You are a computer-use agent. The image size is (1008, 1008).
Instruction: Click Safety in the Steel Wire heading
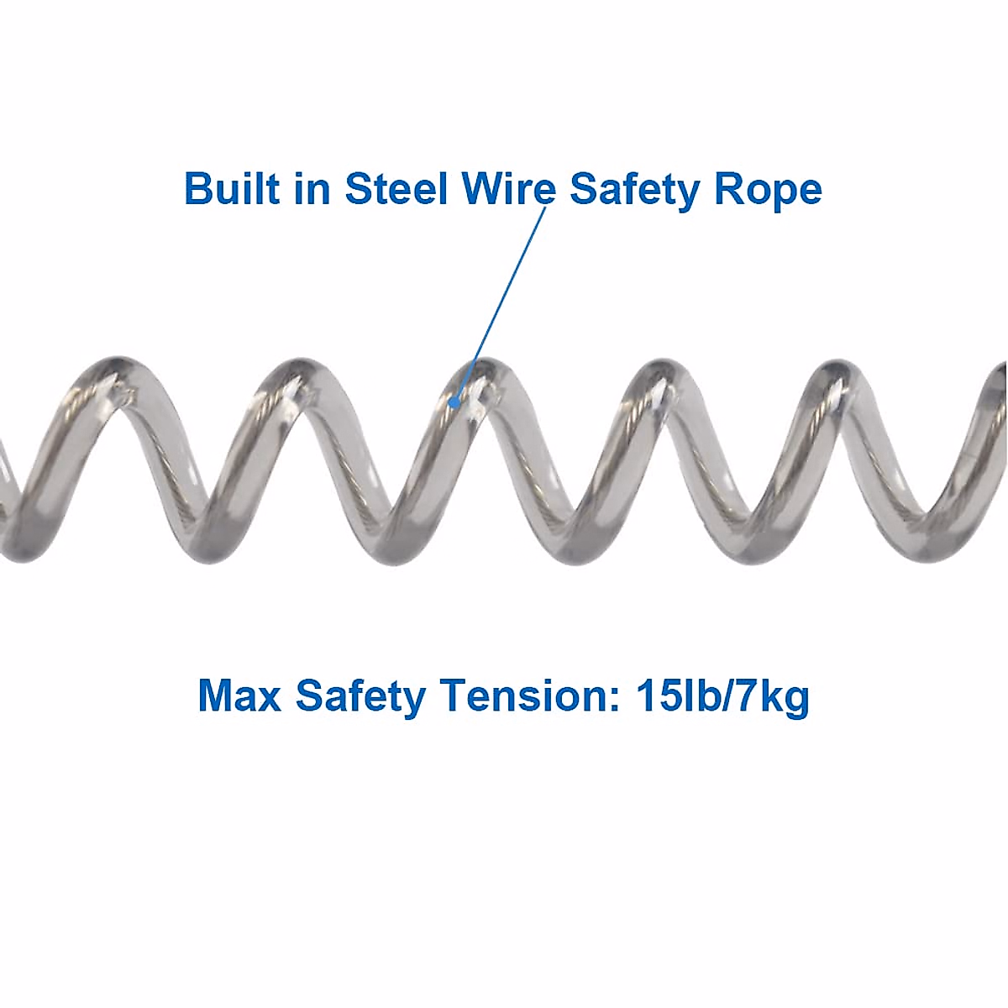[634, 190]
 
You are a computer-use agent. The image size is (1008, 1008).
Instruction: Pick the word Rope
[768, 190]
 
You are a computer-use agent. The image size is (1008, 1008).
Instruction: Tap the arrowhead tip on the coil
[454, 406]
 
